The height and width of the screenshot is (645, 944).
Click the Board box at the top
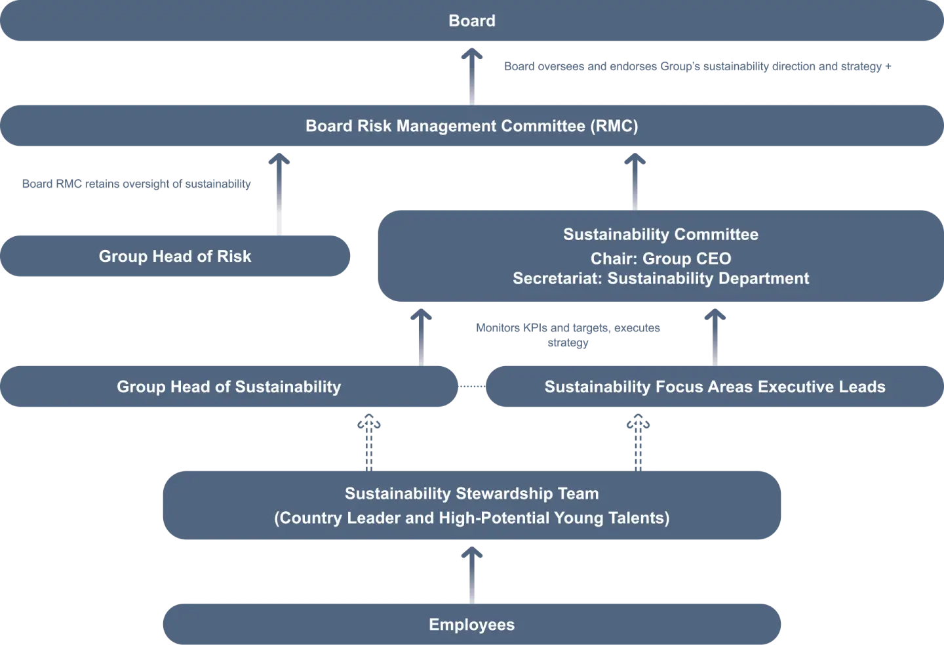coord(471,21)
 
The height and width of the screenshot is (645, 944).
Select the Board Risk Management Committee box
coord(471,125)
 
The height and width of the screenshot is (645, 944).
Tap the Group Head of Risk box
coord(175,256)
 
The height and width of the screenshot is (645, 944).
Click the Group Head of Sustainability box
coord(229,386)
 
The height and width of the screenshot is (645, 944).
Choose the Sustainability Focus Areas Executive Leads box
coord(715,386)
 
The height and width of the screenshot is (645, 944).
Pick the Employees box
coord(471,624)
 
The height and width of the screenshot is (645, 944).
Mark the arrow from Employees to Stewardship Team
coord(471,575)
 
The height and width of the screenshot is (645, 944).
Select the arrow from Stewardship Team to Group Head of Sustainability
coord(367,440)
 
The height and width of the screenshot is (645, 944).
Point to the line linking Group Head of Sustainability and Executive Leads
coord(471,386)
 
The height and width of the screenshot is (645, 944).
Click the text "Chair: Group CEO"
coord(661,259)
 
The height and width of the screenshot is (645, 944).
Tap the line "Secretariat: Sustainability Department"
coord(661,278)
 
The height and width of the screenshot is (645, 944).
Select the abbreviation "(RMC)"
coord(614,125)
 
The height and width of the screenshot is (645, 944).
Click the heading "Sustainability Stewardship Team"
coord(471,493)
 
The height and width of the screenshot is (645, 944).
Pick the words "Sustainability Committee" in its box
coord(661,234)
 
